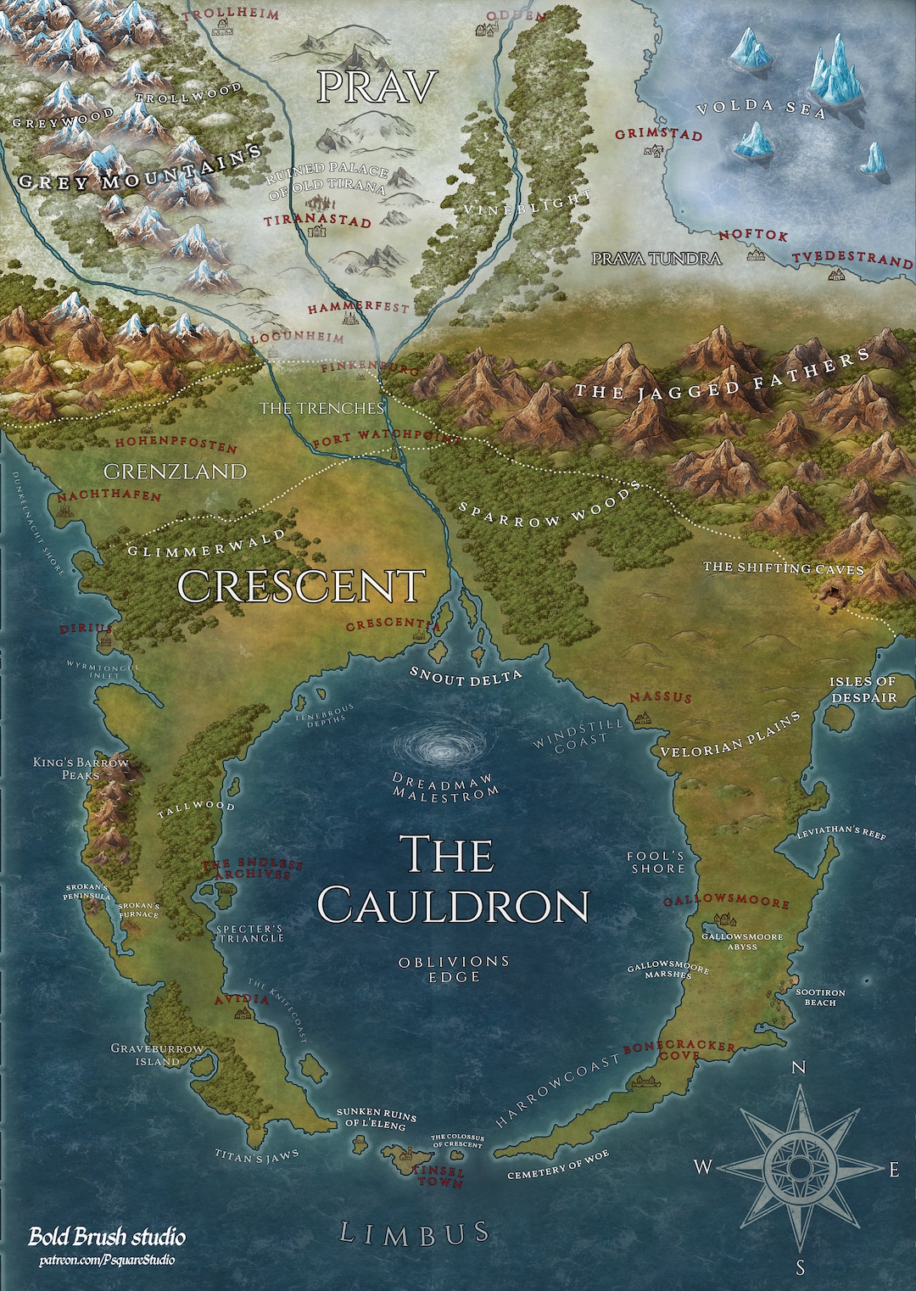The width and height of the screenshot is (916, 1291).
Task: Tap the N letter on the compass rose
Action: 798,1067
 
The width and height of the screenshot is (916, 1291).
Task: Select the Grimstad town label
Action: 658,135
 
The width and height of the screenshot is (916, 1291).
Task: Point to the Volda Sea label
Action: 760,109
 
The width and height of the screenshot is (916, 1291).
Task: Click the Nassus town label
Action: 660,697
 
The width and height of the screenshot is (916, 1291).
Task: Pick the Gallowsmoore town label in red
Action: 726,902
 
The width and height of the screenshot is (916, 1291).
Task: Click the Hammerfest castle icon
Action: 348,320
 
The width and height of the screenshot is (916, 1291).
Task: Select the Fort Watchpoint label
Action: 386,439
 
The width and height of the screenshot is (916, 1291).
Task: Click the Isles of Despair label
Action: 863,689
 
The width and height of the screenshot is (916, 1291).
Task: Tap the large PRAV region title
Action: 377,87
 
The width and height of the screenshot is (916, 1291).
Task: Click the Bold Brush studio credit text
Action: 107,1237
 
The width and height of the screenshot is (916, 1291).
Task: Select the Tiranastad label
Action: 317,221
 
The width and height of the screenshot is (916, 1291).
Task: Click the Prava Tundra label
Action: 656,259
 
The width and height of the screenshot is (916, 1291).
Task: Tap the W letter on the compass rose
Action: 703,1167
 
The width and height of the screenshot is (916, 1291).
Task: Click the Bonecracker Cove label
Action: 679,1051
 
